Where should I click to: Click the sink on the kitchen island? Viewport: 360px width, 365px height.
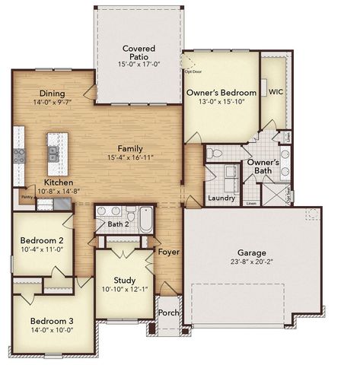tap(53, 152)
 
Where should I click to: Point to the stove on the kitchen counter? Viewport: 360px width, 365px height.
tap(19, 157)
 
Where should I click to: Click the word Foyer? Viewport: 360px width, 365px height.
tap(168, 251)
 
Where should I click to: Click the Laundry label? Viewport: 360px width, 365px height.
tap(221, 198)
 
